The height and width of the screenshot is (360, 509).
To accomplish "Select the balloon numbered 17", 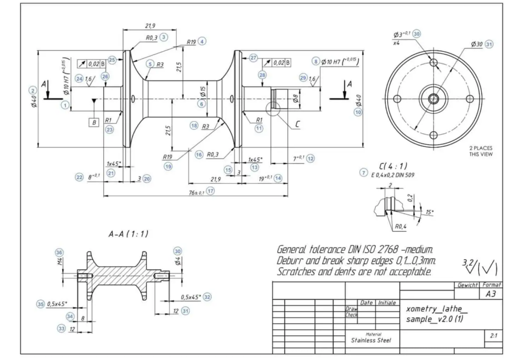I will pos(211,191).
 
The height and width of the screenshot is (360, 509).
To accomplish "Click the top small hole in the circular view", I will pos(433,63).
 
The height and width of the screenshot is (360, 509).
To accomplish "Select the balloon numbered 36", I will pos(60,252).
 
